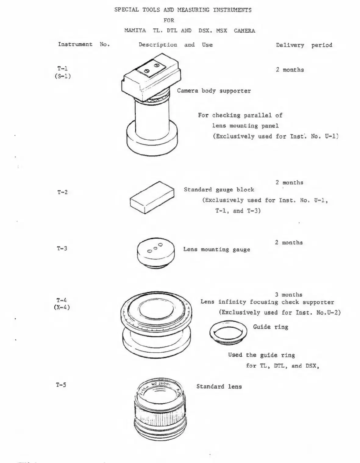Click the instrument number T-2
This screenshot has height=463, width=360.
62,192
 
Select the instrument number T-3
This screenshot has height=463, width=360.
62,248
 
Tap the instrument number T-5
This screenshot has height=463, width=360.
61,385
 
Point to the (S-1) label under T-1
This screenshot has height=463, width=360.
62,76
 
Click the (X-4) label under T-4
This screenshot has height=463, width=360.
62,307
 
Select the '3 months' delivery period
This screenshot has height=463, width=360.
289,295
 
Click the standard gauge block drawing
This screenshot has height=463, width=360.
152,197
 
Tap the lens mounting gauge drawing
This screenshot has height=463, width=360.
155,252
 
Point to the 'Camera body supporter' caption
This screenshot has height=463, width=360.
214,91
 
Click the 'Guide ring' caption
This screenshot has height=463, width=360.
270,327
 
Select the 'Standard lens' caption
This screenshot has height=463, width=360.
219,386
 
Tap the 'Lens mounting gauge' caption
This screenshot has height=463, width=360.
216,249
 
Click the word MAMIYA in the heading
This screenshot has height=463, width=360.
135,30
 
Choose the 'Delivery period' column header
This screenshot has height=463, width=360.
304,45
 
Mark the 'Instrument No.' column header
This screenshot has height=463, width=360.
84,44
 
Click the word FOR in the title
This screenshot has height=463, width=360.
169,20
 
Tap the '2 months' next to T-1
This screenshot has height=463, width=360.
290,70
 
